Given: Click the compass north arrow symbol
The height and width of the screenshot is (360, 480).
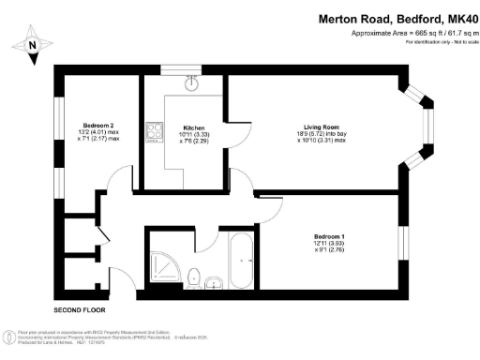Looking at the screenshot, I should pos(33,43).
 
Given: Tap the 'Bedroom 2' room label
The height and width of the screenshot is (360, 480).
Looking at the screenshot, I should pos(99,126).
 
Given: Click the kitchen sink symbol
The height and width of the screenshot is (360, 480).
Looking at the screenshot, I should pos(194,82).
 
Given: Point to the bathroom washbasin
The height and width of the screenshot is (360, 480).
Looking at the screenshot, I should pos(215,280).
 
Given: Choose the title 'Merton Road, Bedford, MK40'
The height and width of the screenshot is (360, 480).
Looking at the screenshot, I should pos(397,18).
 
